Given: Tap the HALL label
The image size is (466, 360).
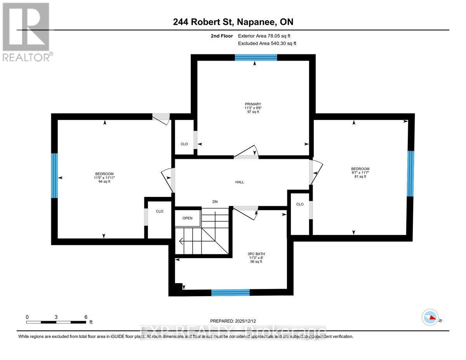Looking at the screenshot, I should [x=240, y=182].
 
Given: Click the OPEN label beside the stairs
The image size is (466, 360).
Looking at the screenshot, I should [x=188, y=218].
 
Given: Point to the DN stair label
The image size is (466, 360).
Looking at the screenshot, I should [x=215, y=202].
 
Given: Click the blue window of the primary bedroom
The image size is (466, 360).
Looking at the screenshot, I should [x=256, y=57].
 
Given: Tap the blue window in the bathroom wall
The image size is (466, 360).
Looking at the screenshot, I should [x=230, y=292].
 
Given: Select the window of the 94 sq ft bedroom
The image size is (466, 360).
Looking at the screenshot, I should [x=55, y=176].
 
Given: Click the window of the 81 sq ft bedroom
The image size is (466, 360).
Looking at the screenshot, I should [x=410, y=173].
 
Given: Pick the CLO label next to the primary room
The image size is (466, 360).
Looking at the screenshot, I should [x=184, y=144].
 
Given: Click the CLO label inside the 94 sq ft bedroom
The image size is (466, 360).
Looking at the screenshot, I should [x=159, y=211].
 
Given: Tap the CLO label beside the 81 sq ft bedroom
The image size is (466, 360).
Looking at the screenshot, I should [x=300, y=204].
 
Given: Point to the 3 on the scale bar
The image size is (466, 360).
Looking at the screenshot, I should [x=56, y=317].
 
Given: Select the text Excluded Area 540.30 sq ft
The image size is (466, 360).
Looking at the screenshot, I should [x=267, y=43].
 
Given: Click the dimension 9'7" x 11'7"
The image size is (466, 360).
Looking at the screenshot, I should [x=359, y=173].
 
